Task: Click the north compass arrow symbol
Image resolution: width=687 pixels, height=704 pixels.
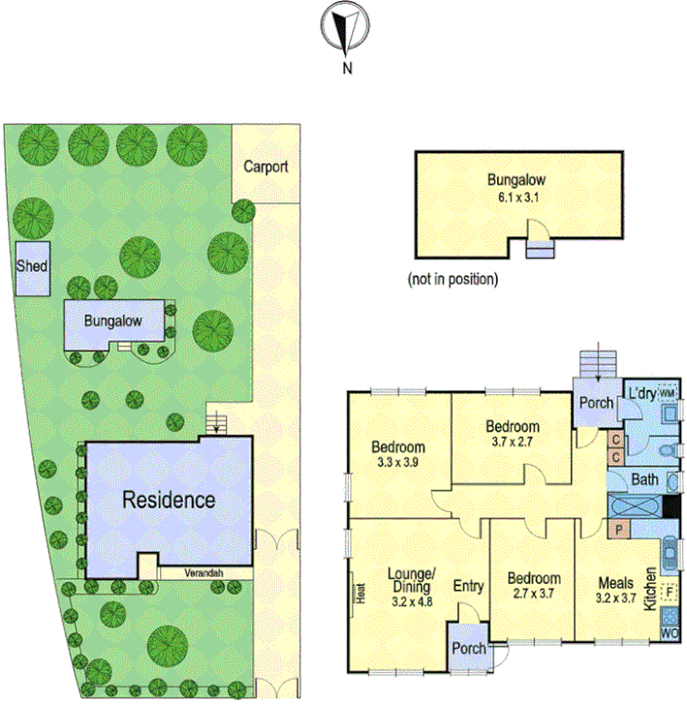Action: pos(345,28)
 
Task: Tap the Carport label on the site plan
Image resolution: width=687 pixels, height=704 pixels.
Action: pos(265,167)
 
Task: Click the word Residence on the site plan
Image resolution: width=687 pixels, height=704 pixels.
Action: pos(168,501)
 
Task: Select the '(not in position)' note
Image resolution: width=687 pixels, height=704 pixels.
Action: pos(453,280)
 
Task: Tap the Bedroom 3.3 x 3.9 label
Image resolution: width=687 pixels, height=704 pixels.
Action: pos(398,454)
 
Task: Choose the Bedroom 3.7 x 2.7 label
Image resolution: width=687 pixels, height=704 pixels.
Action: pos(513,433)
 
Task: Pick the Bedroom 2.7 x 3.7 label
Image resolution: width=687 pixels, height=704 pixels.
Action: pos(534,586)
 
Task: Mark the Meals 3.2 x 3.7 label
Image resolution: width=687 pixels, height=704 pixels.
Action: pos(614,590)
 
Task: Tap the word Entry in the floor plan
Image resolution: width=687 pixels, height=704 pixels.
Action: pos(468,586)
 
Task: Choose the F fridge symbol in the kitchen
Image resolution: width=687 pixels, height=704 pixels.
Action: pos(670,591)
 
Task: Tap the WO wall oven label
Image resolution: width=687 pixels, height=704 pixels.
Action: pos(670,634)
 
